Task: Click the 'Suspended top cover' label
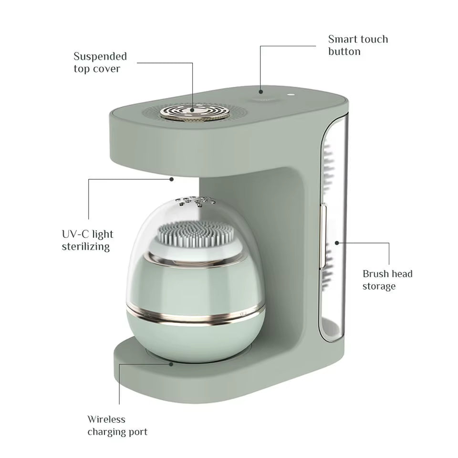(100, 62)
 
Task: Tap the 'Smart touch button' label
(358, 45)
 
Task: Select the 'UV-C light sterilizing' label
(88, 240)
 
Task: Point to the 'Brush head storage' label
(387, 280)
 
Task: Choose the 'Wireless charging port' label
(117, 426)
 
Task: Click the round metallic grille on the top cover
(193, 111)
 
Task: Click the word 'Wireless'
(106, 419)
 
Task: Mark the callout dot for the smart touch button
(260, 91)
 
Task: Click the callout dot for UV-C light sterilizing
(172, 179)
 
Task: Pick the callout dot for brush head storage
(337, 243)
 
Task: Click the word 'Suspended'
(100, 56)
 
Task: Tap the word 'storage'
(379, 286)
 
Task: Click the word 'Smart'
(342, 39)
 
